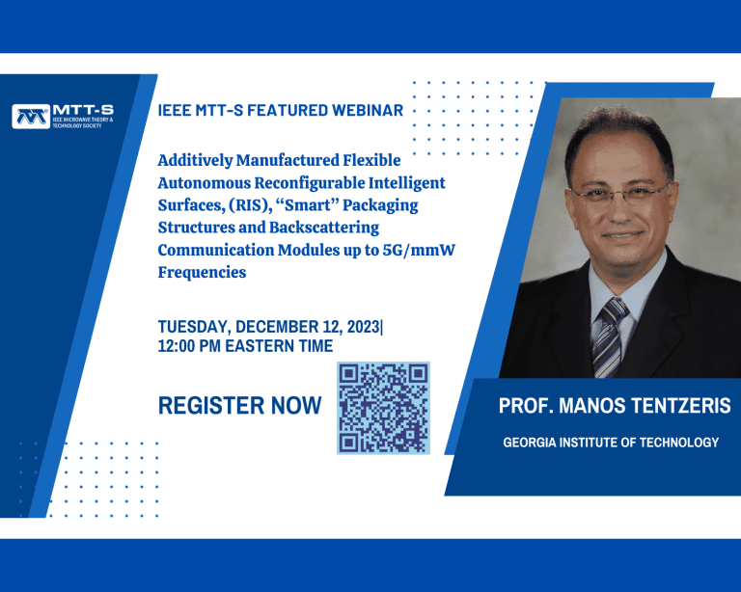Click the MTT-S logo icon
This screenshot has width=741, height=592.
click(x=31, y=116)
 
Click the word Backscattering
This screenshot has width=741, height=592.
click(x=324, y=228)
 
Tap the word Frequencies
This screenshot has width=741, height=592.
click(x=202, y=273)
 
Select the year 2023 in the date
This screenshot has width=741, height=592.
click(x=364, y=327)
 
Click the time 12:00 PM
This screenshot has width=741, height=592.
click(x=189, y=346)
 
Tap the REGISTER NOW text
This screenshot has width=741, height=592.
click(x=239, y=406)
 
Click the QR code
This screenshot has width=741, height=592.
click(x=383, y=408)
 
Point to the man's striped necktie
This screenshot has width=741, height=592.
click(x=610, y=337)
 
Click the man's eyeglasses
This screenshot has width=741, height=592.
click(x=621, y=193)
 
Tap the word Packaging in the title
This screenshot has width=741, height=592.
click(x=380, y=205)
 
